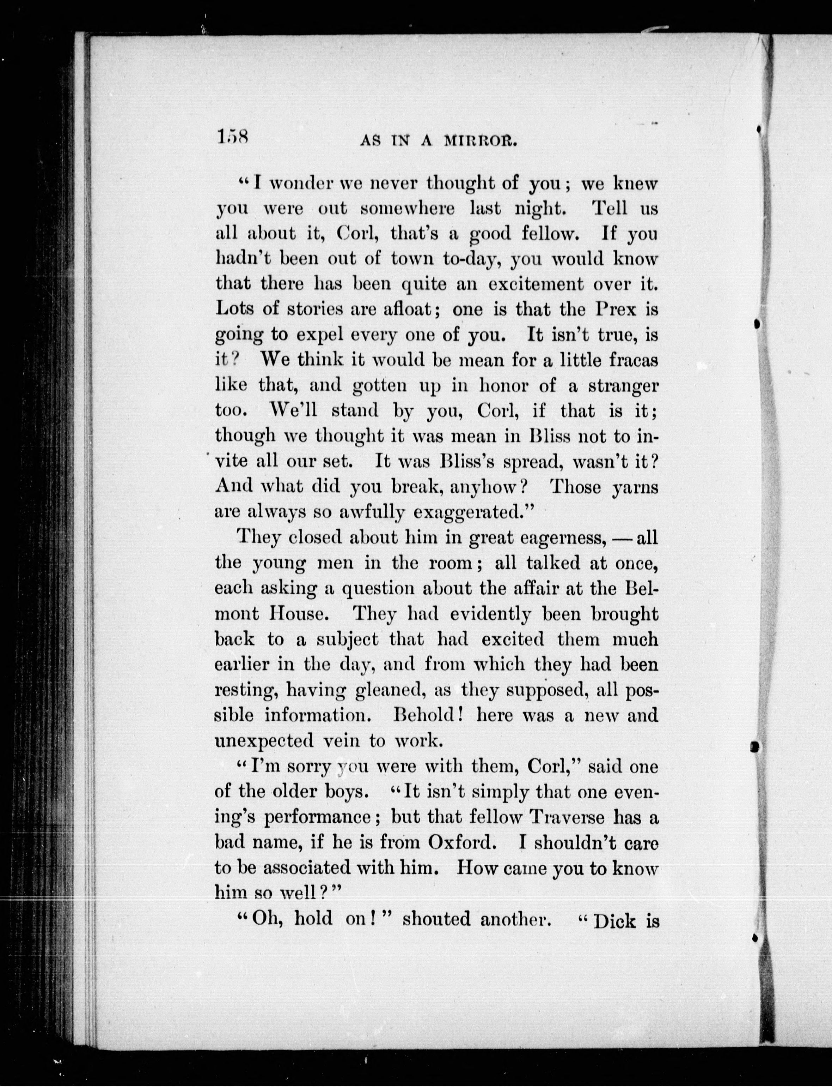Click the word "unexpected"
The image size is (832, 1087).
click(264, 741)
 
